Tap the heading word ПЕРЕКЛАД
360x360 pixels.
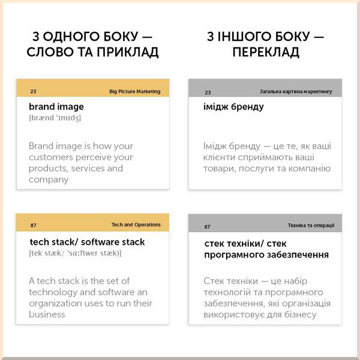point(265,52)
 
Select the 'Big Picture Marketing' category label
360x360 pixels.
point(135,92)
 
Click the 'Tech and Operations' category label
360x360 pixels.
point(136,225)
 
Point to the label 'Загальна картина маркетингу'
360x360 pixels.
point(296,92)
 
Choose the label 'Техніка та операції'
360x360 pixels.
point(311,226)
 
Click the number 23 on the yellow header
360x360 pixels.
point(33,92)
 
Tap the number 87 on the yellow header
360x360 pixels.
point(33,226)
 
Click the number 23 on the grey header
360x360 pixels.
point(208,92)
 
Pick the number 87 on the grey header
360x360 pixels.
point(208,227)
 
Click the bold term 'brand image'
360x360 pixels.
point(56,107)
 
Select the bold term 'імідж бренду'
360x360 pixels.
point(234,107)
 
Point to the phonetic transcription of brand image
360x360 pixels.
point(55,118)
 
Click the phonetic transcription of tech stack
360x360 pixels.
point(75,253)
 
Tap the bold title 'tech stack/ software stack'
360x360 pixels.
point(87,242)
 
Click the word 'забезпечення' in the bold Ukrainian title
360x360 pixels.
point(296,254)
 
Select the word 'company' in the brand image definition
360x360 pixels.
point(49,179)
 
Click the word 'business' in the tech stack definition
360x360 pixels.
point(47,314)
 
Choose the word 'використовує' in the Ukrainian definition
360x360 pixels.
point(236,315)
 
